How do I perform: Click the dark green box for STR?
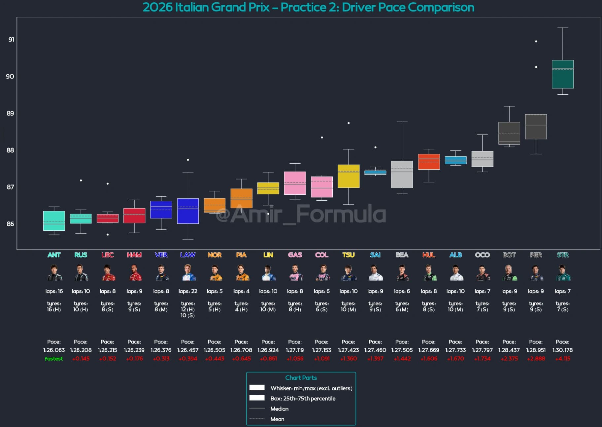[x=563, y=74]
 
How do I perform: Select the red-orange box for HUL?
[x=429, y=162]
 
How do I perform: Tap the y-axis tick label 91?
[x=11, y=40]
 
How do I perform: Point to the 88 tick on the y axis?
[x=10, y=150]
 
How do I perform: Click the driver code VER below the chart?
[x=161, y=255]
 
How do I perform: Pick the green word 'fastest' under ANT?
[x=54, y=359]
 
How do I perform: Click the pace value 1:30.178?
[x=562, y=350]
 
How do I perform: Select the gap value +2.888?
[x=536, y=359]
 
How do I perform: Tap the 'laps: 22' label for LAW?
[x=188, y=291]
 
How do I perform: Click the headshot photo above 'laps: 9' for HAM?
[x=134, y=273]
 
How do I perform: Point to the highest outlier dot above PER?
[x=536, y=42]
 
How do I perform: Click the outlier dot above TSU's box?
[x=349, y=123]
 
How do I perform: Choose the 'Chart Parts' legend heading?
[x=301, y=378]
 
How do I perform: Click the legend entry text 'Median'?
[x=280, y=409]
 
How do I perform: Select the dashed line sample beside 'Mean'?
[x=257, y=419]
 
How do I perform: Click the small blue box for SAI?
[x=375, y=172]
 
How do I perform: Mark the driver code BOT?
[x=509, y=255]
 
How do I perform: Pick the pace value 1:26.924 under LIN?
[x=268, y=350]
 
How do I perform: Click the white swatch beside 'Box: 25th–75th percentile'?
[x=257, y=398]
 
